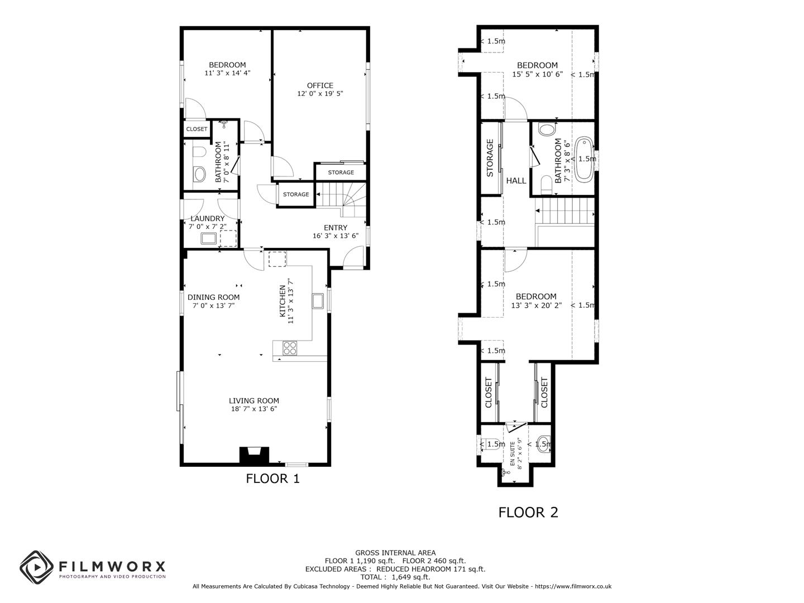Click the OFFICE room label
coord(320,85)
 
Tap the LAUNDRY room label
coord(208,218)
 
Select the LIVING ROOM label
coord(253,400)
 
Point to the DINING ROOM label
coord(213,297)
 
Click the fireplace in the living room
coord(254,455)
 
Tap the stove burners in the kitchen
coord(290,348)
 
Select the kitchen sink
coord(318,301)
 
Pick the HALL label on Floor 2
coord(516,180)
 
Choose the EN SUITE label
coord(513,453)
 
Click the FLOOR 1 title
coord(272,478)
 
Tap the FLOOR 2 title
coord(528,512)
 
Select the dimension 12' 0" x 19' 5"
coord(320,94)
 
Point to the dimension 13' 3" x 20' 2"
coord(536,305)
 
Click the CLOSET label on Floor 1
coord(197,129)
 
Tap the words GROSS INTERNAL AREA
coord(395,553)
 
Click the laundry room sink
coord(209,239)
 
